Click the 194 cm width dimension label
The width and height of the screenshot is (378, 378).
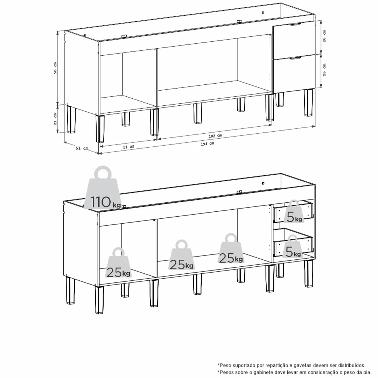207,144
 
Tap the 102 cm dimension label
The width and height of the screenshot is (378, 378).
215,136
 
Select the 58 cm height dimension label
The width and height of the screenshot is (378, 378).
55,68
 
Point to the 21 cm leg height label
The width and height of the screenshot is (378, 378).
55,119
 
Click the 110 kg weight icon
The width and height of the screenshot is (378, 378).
103,188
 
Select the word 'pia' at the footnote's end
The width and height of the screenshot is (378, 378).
367,372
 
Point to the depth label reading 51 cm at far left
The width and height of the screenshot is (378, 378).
82,148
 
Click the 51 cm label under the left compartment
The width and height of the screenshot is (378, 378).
128,147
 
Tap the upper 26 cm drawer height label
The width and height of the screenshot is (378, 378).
324,36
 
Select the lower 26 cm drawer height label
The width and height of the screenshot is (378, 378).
324,70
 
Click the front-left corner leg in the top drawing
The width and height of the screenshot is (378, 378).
100,128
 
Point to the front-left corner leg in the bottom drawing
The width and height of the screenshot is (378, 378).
99,300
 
